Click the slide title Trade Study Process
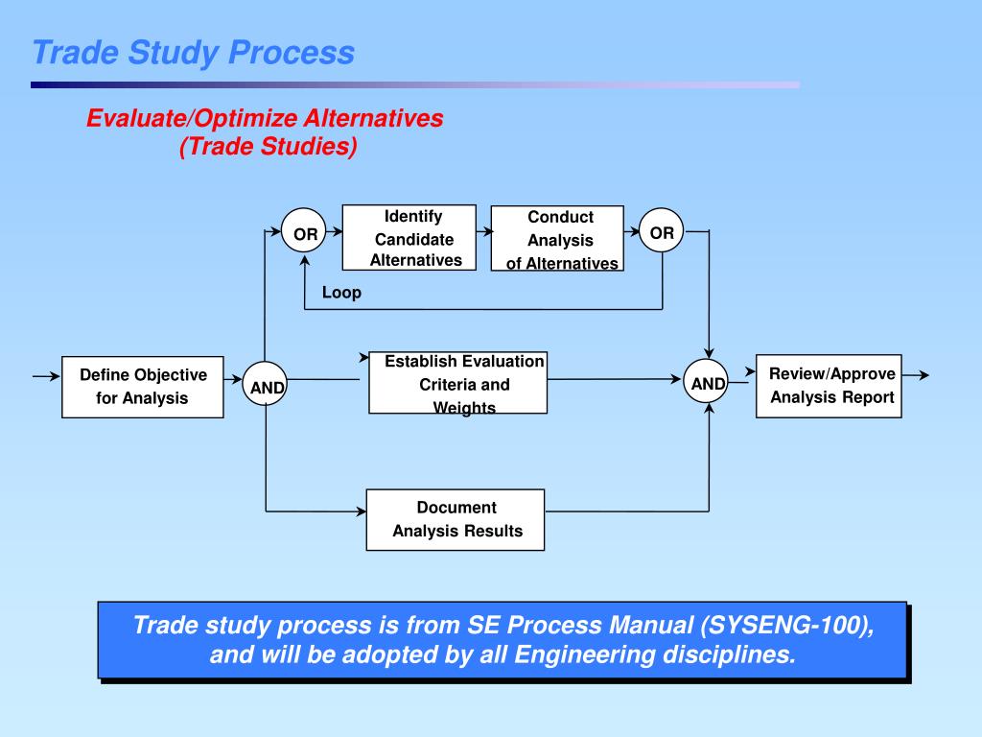coord(193,52)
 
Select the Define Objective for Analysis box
coord(143,387)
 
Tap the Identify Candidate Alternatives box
coord(409,238)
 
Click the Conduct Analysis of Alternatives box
coord(557,239)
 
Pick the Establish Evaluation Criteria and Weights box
coord(458,383)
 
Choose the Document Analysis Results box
coord(456,519)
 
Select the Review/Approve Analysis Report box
coord(830,386)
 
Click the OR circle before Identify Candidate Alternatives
coord(305,233)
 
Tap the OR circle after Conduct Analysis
coord(662,232)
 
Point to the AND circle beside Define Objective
coord(266,387)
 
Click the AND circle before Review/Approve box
coord(709,384)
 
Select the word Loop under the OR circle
coord(341,293)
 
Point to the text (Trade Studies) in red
coord(268,147)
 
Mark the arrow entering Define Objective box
coord(46,377)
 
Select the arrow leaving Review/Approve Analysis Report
coord(916,375)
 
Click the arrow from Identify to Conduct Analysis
coord(484,231)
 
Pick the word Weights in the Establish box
coord(464,408)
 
